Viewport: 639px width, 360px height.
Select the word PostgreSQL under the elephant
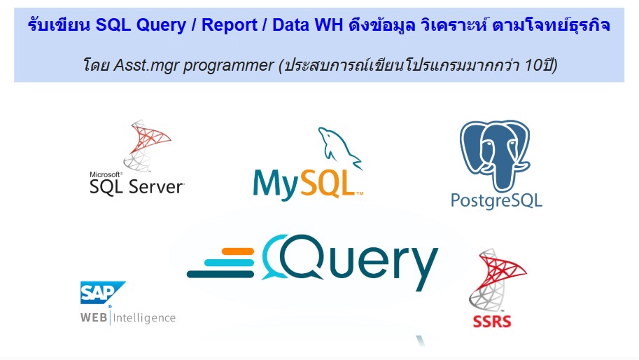pos(496,201)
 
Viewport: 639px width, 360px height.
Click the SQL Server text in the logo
pos(136,186)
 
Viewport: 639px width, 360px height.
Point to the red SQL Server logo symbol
pos(146,144)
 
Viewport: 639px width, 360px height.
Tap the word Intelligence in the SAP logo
pos(146,318)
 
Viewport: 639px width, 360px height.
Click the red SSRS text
pos(491,322)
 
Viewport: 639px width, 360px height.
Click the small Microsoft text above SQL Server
pos(106,174)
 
